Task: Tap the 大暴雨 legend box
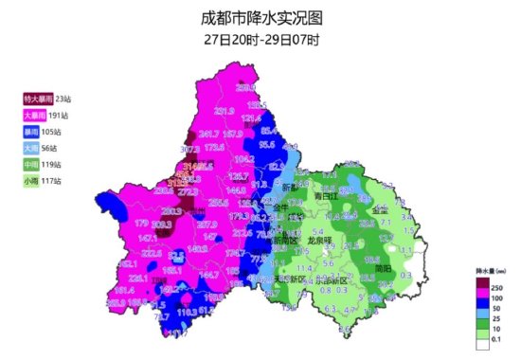click(x=34, y=115)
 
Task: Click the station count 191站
click(x=60, y=115)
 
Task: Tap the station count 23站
click(x=63, y=99)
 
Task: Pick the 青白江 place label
click(x=328, y=195)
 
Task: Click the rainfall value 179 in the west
click(x=142, y=222)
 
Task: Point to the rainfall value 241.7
click(x=208, y=134)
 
